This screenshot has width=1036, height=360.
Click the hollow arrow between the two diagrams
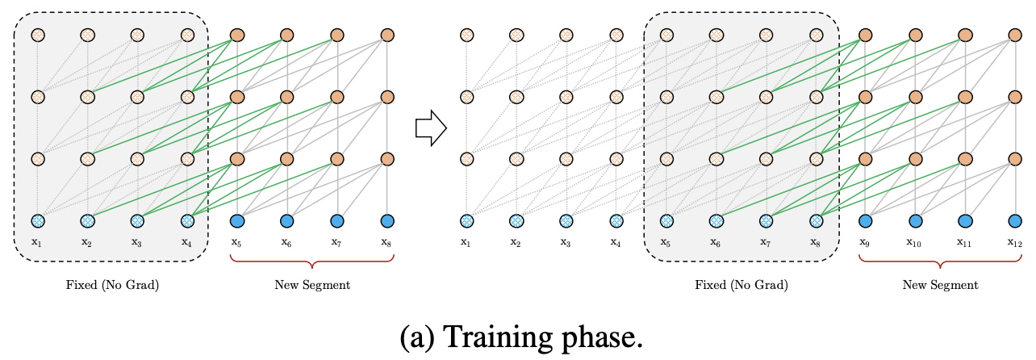click(431, 128)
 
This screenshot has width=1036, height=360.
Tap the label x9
click(865, 241)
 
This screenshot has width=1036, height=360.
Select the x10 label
click(916, 241)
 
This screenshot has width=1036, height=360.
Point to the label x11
click(965, 241)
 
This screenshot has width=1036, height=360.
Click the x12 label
click(1015, 241)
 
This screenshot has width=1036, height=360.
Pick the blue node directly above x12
click(1015, 220)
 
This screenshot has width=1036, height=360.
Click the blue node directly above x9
click(866, 220)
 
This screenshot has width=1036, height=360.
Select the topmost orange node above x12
click(1015, 36)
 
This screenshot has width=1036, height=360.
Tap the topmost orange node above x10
click(916, 36)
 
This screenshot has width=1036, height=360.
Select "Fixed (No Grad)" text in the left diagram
click(112, 285)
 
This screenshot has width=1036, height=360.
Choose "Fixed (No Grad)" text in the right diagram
click(741, 285)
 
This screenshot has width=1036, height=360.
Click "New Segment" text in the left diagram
click(312, 285)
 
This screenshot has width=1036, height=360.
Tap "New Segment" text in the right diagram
click(940, 285)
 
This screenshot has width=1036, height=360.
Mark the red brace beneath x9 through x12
click(940, 263)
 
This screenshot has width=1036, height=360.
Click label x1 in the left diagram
click(37, 241)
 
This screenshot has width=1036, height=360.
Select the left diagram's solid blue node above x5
click(237, 220)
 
